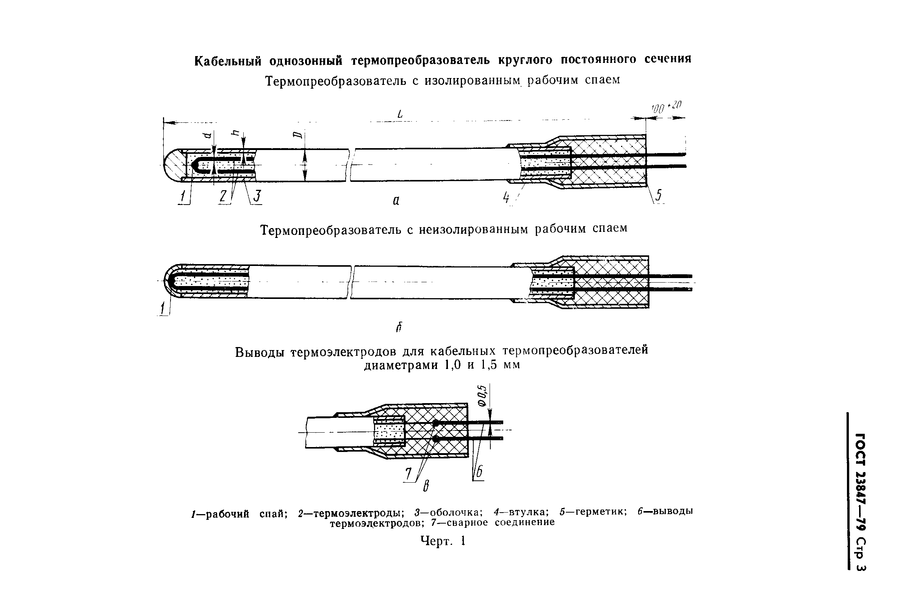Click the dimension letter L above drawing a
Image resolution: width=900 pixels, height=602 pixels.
400,114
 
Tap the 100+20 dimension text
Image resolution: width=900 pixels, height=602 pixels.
665,107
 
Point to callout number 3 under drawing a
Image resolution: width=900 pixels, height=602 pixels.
257,196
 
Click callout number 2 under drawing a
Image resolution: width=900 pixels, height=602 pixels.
223,196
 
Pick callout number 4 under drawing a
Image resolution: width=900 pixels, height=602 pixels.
506,197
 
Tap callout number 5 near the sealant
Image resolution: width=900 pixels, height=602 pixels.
658,195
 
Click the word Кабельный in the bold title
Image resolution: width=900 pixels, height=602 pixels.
228,61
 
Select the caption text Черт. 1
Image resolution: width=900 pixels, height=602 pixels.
443,541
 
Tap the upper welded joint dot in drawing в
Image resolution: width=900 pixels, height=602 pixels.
435,424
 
